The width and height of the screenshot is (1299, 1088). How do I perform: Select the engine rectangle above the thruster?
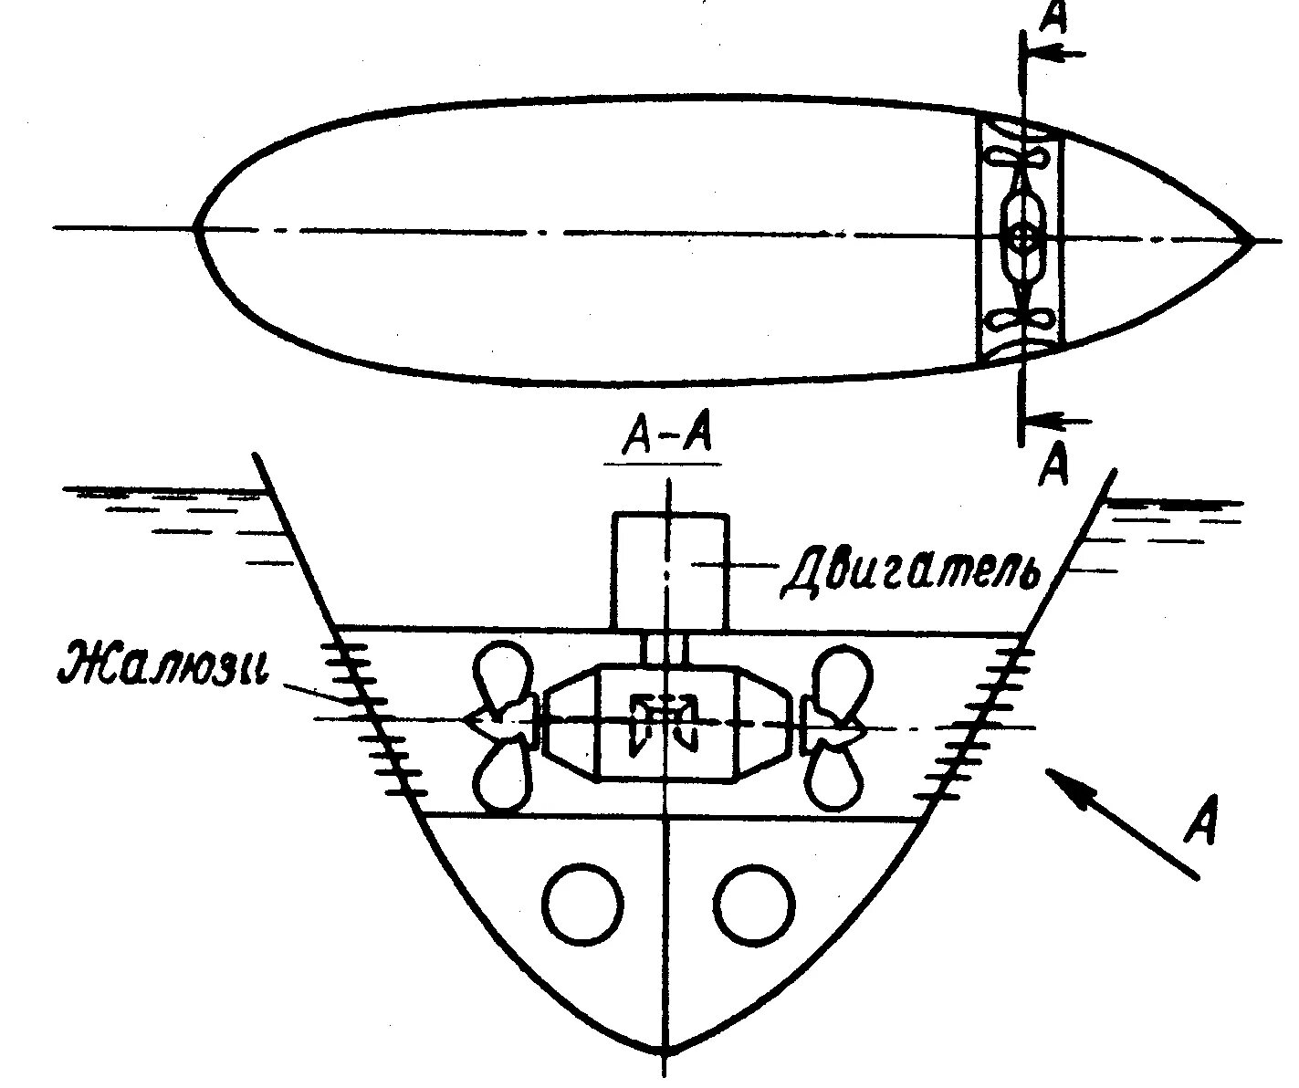[x=671, y=571]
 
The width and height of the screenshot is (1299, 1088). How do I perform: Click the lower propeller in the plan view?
[x=1022, y=319]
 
